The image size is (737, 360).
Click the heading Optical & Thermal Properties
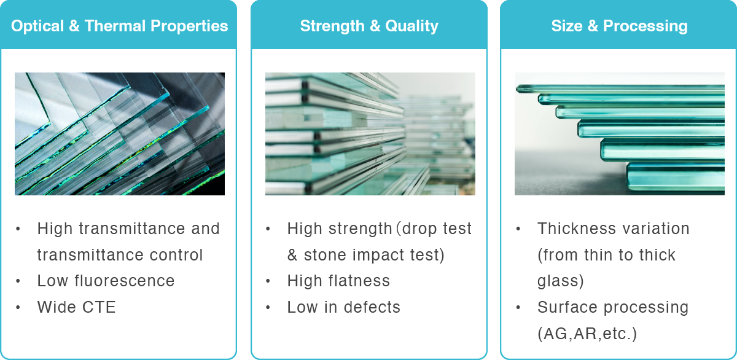[x=119, y=26]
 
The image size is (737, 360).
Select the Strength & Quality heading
[x=369, y=26]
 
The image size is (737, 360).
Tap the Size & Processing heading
[x=619, y=26]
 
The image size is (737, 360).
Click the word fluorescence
[x=124, y=281]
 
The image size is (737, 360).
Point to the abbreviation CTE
[x=99, y=307]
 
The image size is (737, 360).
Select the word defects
[x=372, y=307]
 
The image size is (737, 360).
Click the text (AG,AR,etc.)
[x=587, y=334]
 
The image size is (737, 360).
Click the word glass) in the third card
[x=561, y=281]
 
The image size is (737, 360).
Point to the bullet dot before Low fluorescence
[x=18, y=281]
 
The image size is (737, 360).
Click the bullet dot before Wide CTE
[x=18, y=308]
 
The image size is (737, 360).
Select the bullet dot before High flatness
[x=268, y=281]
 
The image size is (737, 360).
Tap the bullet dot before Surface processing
[x=518, y=308]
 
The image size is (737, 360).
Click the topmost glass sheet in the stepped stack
[x=620, y=89]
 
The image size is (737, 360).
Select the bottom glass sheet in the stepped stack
[x=676, y=177]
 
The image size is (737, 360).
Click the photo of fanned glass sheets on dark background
[x=120, y=133]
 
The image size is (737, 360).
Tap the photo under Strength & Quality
[x=370, y=133]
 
